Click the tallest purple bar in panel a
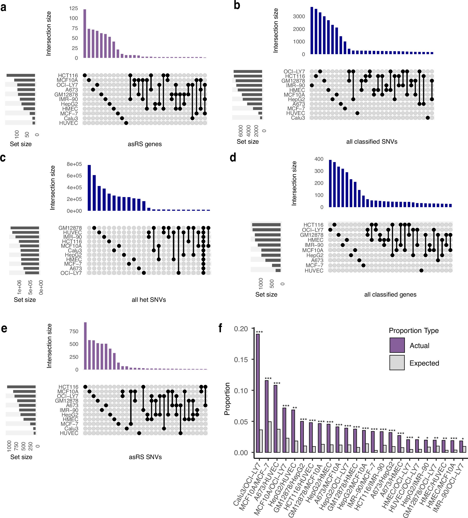85,34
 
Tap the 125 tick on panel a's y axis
73,9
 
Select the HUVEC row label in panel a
68,123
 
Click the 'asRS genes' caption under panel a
144,144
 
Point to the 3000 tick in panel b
299,16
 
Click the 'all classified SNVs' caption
372,141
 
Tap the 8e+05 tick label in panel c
74,164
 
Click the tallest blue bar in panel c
89,187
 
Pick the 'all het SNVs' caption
149,300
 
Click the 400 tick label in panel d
319,159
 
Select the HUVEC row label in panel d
314,270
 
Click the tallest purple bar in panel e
85,346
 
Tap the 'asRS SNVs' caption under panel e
145,457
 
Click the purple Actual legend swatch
397,345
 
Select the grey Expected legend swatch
397,362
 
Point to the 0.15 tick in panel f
241,359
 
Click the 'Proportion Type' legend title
413,331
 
